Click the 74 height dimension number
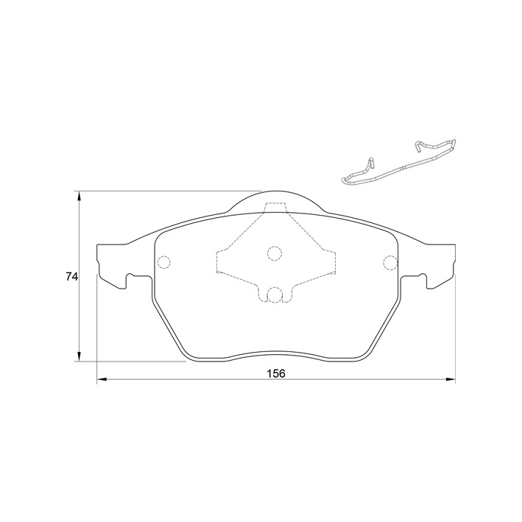pos(71,276)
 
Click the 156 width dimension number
pos(276,373)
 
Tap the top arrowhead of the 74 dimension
pos(79,197)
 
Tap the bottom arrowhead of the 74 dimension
pos(79,356)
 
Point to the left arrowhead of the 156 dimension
pos(102,379)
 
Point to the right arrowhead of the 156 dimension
pos(450,379)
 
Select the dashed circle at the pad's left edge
pos(163,262)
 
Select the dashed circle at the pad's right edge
pos(390,262)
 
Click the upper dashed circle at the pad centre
pos(275,253)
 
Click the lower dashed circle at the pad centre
pos(275,295)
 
